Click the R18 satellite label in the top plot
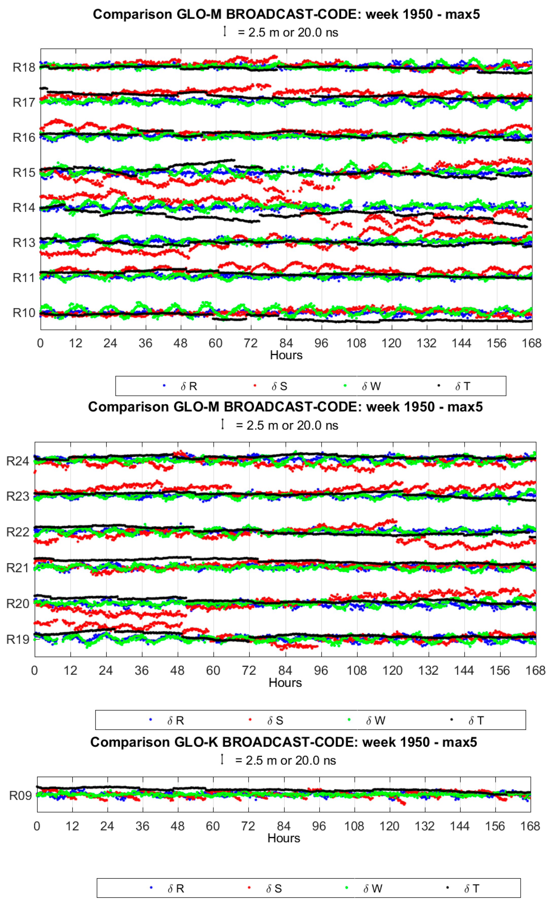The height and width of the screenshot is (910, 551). coord(24,68)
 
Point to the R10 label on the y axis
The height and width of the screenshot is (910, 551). coord(24,313)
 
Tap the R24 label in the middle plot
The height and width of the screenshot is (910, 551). coord(18,461)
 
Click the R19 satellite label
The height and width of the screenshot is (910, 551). coord(18,639)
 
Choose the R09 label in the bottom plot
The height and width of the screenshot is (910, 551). coord(20,795)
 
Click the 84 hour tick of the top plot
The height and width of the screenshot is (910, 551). coord(286,343)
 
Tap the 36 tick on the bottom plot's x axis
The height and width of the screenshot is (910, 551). coord(142,826)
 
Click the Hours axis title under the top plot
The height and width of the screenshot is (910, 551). coord(286,355)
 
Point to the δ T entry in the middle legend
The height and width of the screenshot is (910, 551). coord(476,721)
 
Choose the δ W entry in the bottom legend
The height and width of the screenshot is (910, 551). coord(373,889)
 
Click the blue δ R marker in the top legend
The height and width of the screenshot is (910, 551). coord(164,386)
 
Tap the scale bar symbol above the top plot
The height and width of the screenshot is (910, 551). coord(225,31)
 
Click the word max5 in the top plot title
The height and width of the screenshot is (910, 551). coord(462,14)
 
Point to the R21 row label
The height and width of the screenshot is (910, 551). coord(18,568)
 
